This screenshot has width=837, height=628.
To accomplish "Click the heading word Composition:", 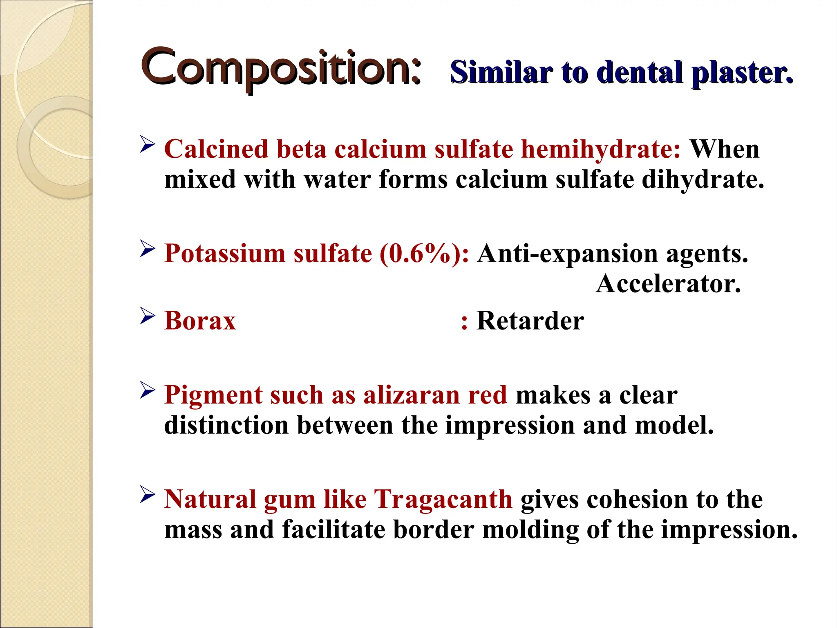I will pyautogui.click(x=281, y=67).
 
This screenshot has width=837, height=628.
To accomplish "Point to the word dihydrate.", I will pyautogui.click(x=703, y=179).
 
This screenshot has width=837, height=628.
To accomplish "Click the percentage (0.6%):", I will pyautogui.click(x=424, y=253).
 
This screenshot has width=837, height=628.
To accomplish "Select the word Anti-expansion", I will pyautogui.click(x=567, y=253).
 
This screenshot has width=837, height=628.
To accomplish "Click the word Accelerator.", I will pyautogui.click(x=668, y=283).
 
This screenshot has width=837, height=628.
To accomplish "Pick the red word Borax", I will pyautogui.click(x=200, y=321).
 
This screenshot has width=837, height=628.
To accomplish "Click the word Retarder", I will pyautogui.click(x=530, y=321).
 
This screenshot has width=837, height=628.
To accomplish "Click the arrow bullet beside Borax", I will pyautogui.click(x=147, y=316).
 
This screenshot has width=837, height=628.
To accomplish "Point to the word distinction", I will pyautogui.click(x=226, y=425).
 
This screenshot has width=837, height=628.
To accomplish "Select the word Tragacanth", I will pyautogui.click(x=443, y=499).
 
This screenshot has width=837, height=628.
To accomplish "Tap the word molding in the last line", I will pyautogui.click(x=530, y=529).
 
